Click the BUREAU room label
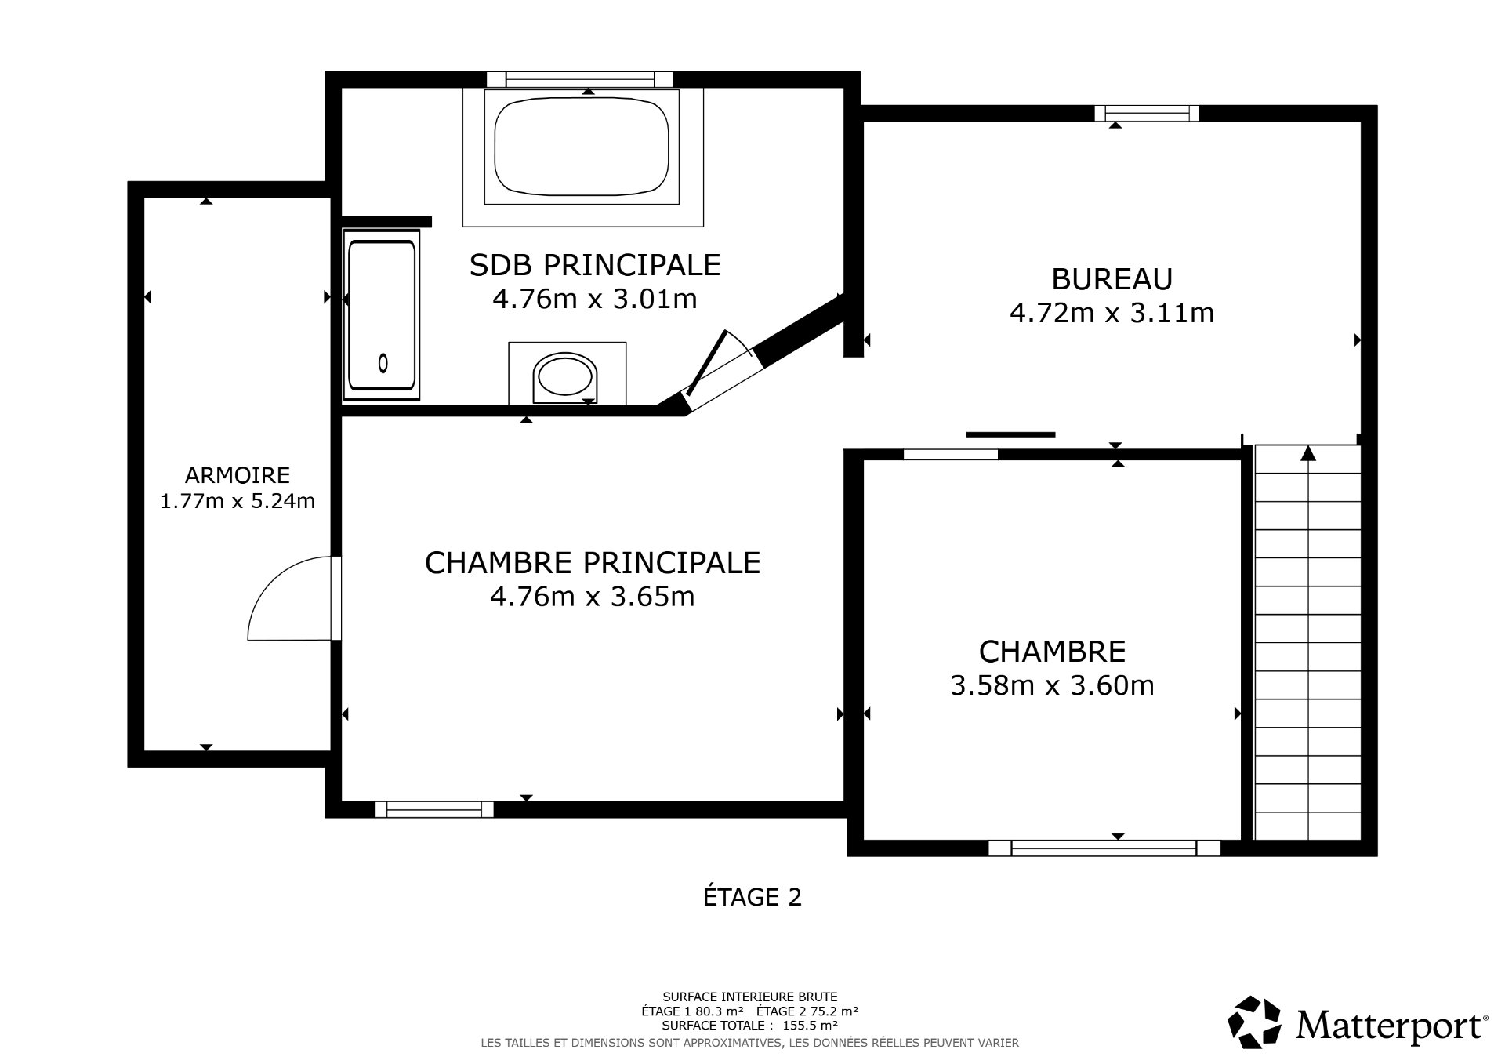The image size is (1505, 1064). click(x=1112, y=280)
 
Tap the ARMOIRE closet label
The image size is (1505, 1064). click(x=238, y=475)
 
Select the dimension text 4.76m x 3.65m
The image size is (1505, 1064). click(x=593, y=597)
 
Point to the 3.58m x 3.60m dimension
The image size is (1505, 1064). click(x=1052, y=686)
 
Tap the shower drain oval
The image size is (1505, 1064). click(x=383, y=363)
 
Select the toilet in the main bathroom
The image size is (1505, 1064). click(x=564, y=376)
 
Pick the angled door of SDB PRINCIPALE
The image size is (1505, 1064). click(x=717, y=369)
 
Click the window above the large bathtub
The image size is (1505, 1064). click(x=579, y=79)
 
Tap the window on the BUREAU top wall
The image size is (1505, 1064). click(x=1147, y=114)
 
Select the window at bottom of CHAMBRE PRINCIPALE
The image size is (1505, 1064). click(x=434, y=809)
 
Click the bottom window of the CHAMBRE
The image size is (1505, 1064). click(x=1104, y=848)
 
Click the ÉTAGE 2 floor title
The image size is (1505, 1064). click(x=752, y=897)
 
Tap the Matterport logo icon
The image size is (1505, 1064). click(x=1254, y=1023)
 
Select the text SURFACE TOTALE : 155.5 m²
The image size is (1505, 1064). click(x=750, y=1025)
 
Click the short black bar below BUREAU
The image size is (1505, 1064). click(x=1010, y=434)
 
